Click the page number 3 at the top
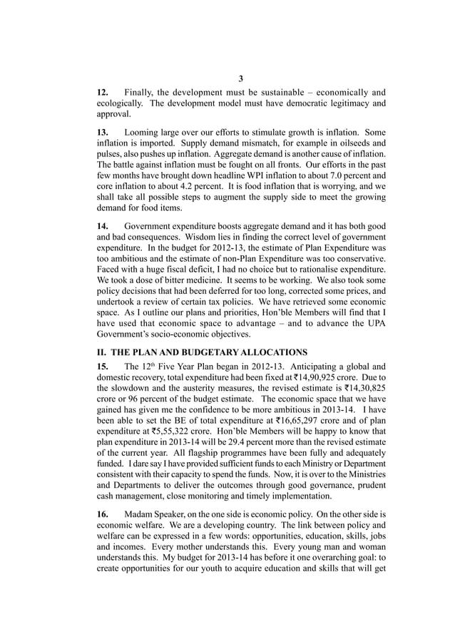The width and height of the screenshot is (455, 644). point(240,78)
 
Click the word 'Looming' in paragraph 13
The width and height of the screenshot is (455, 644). point(145,133)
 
